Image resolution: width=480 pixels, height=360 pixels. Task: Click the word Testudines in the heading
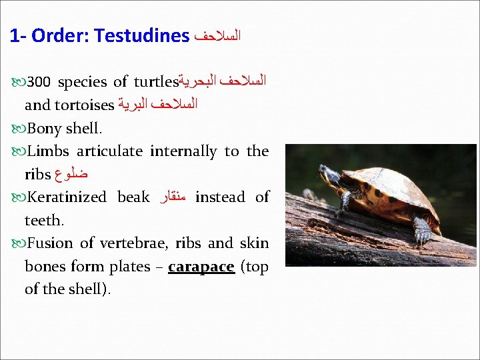point(142,35)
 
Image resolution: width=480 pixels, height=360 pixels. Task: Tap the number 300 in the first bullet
point(39,83)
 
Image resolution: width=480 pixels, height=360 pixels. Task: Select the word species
point(82,83)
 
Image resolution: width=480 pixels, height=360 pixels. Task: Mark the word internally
point(183,151)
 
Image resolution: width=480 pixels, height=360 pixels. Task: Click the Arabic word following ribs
point(73,175)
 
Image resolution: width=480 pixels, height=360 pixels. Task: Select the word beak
point(134,197)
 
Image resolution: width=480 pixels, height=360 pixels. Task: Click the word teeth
point(43,220)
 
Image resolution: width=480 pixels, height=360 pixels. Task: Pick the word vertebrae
point(144,243)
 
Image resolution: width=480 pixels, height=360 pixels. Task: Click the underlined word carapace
point(201,267)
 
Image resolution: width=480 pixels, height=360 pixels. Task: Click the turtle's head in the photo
point(329,175)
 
